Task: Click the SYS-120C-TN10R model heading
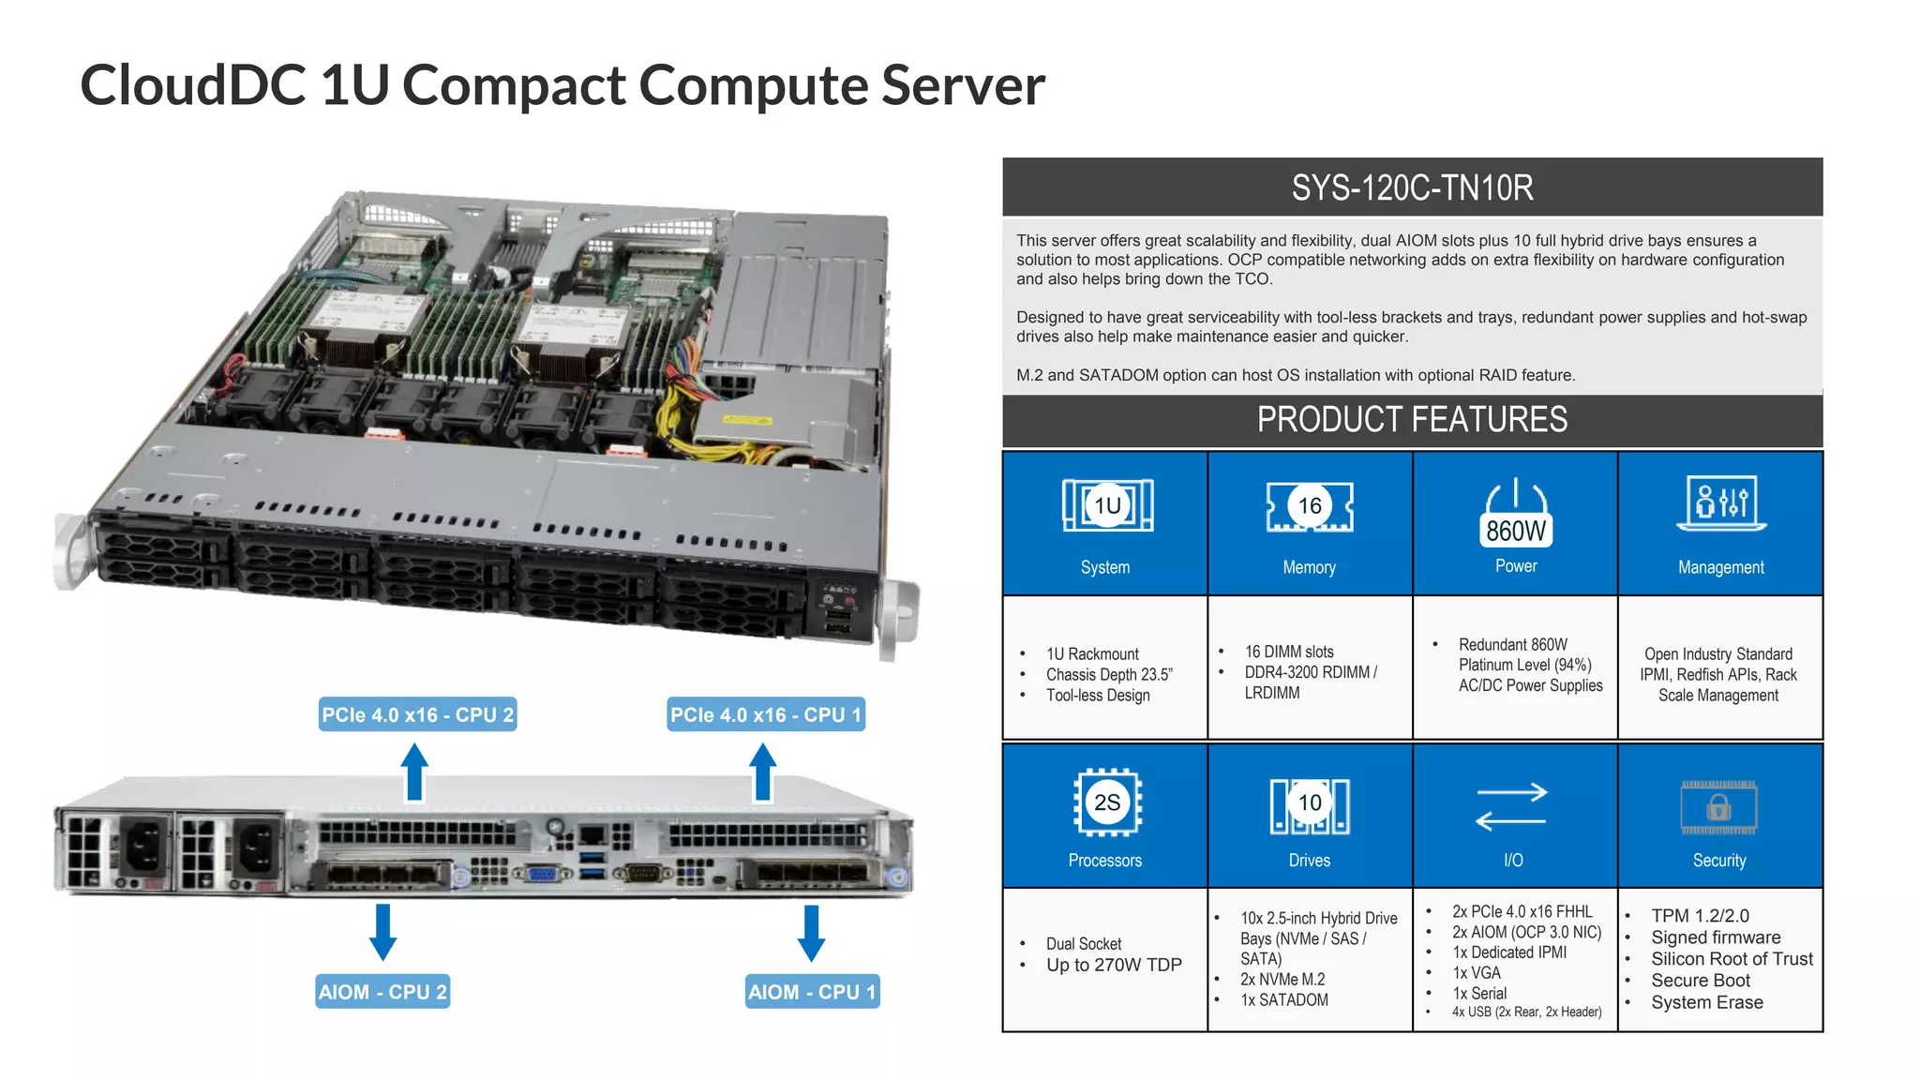(1412, 187)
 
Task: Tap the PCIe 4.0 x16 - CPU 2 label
(417, 714)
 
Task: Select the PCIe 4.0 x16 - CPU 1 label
(765, 714)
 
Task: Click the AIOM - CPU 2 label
(382, 992)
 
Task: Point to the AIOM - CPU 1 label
(812, 992)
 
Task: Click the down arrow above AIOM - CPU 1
(811, 933)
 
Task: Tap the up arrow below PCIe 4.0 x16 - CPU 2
(414, 772)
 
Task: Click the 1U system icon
(1107, 506)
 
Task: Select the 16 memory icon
(1309, 507)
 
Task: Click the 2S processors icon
(1106, 802)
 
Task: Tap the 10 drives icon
(1309, 804)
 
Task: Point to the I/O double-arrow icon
(1511, 806)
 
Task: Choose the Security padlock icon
(1718, 807)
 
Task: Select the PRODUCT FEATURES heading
(1412, 419)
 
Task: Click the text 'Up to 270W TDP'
(1114, 965)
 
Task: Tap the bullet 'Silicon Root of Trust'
(1732, 959)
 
